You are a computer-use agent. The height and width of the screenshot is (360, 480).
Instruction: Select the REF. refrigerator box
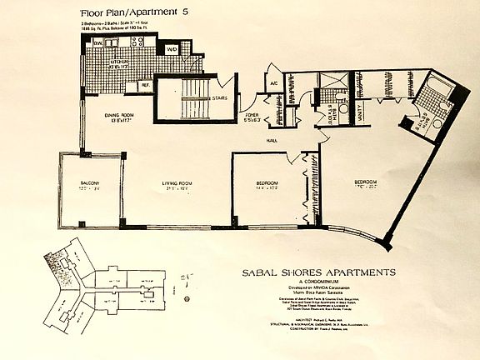[144, 84]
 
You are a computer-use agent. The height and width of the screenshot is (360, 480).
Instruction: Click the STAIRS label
[219, 97]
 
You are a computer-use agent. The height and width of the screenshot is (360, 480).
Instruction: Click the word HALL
[272, 141]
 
